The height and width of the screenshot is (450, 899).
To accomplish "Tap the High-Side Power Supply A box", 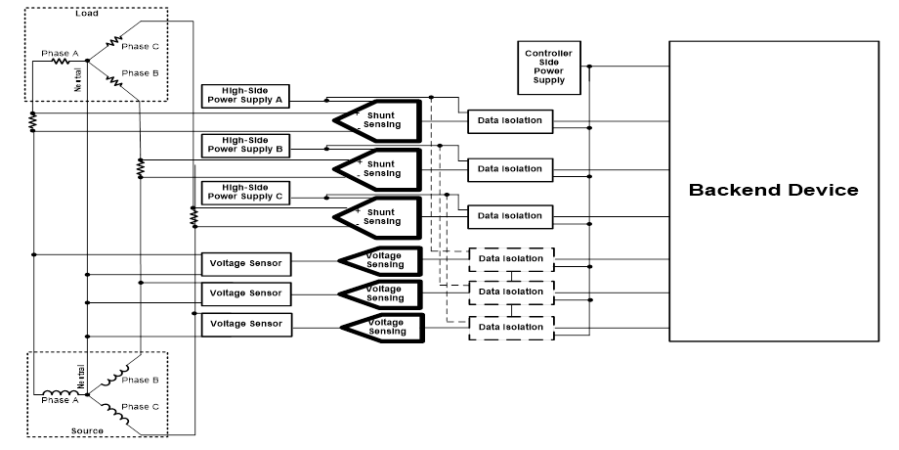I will click(244, 95).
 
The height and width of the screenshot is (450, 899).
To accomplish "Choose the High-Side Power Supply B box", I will click(245, 146).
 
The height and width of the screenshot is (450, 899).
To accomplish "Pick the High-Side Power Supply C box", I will click(244, 192).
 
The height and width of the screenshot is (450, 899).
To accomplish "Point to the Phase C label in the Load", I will click(140, 46).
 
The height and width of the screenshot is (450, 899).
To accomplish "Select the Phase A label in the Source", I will click(60, 401).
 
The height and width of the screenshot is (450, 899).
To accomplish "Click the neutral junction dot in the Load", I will click(87, 62).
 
